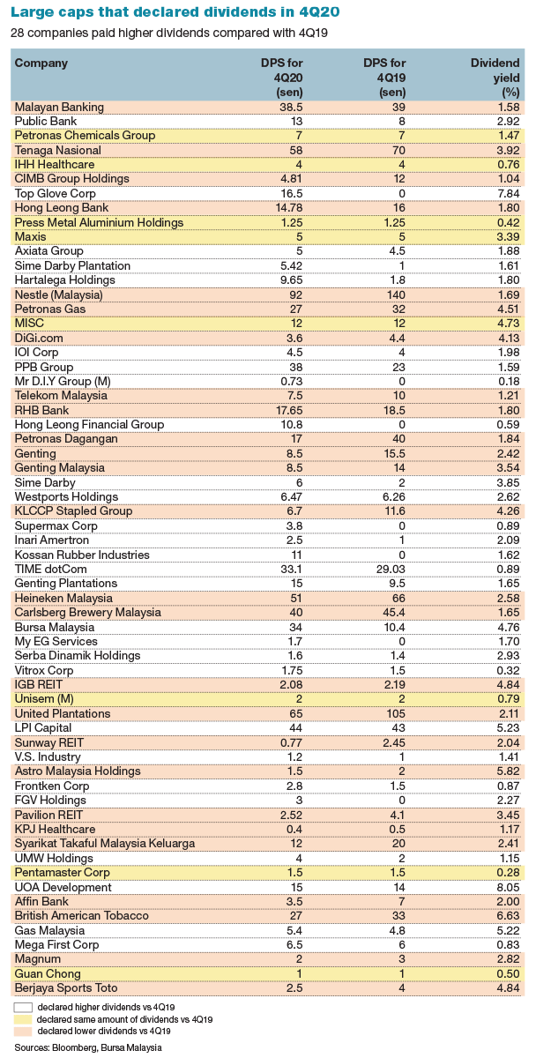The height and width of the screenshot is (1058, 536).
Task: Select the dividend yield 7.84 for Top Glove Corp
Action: pos(509,193)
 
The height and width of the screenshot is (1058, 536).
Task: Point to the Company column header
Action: pos(41,63)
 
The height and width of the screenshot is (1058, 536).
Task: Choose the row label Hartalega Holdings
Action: pos(65,280)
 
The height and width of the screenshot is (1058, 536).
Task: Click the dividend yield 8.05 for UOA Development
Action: pos(509,888)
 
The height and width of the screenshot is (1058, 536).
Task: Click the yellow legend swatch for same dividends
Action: pos(22,1019)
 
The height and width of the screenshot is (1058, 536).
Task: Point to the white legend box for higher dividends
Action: pos(22,1007)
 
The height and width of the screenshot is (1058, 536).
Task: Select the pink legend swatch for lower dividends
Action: pos(22,1031)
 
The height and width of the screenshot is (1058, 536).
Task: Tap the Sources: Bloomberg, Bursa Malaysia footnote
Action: pos(87,1047)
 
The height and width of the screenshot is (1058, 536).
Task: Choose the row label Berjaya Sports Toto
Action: pos(68,988)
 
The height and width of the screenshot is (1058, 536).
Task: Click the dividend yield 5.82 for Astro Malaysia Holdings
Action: pos(509,771)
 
